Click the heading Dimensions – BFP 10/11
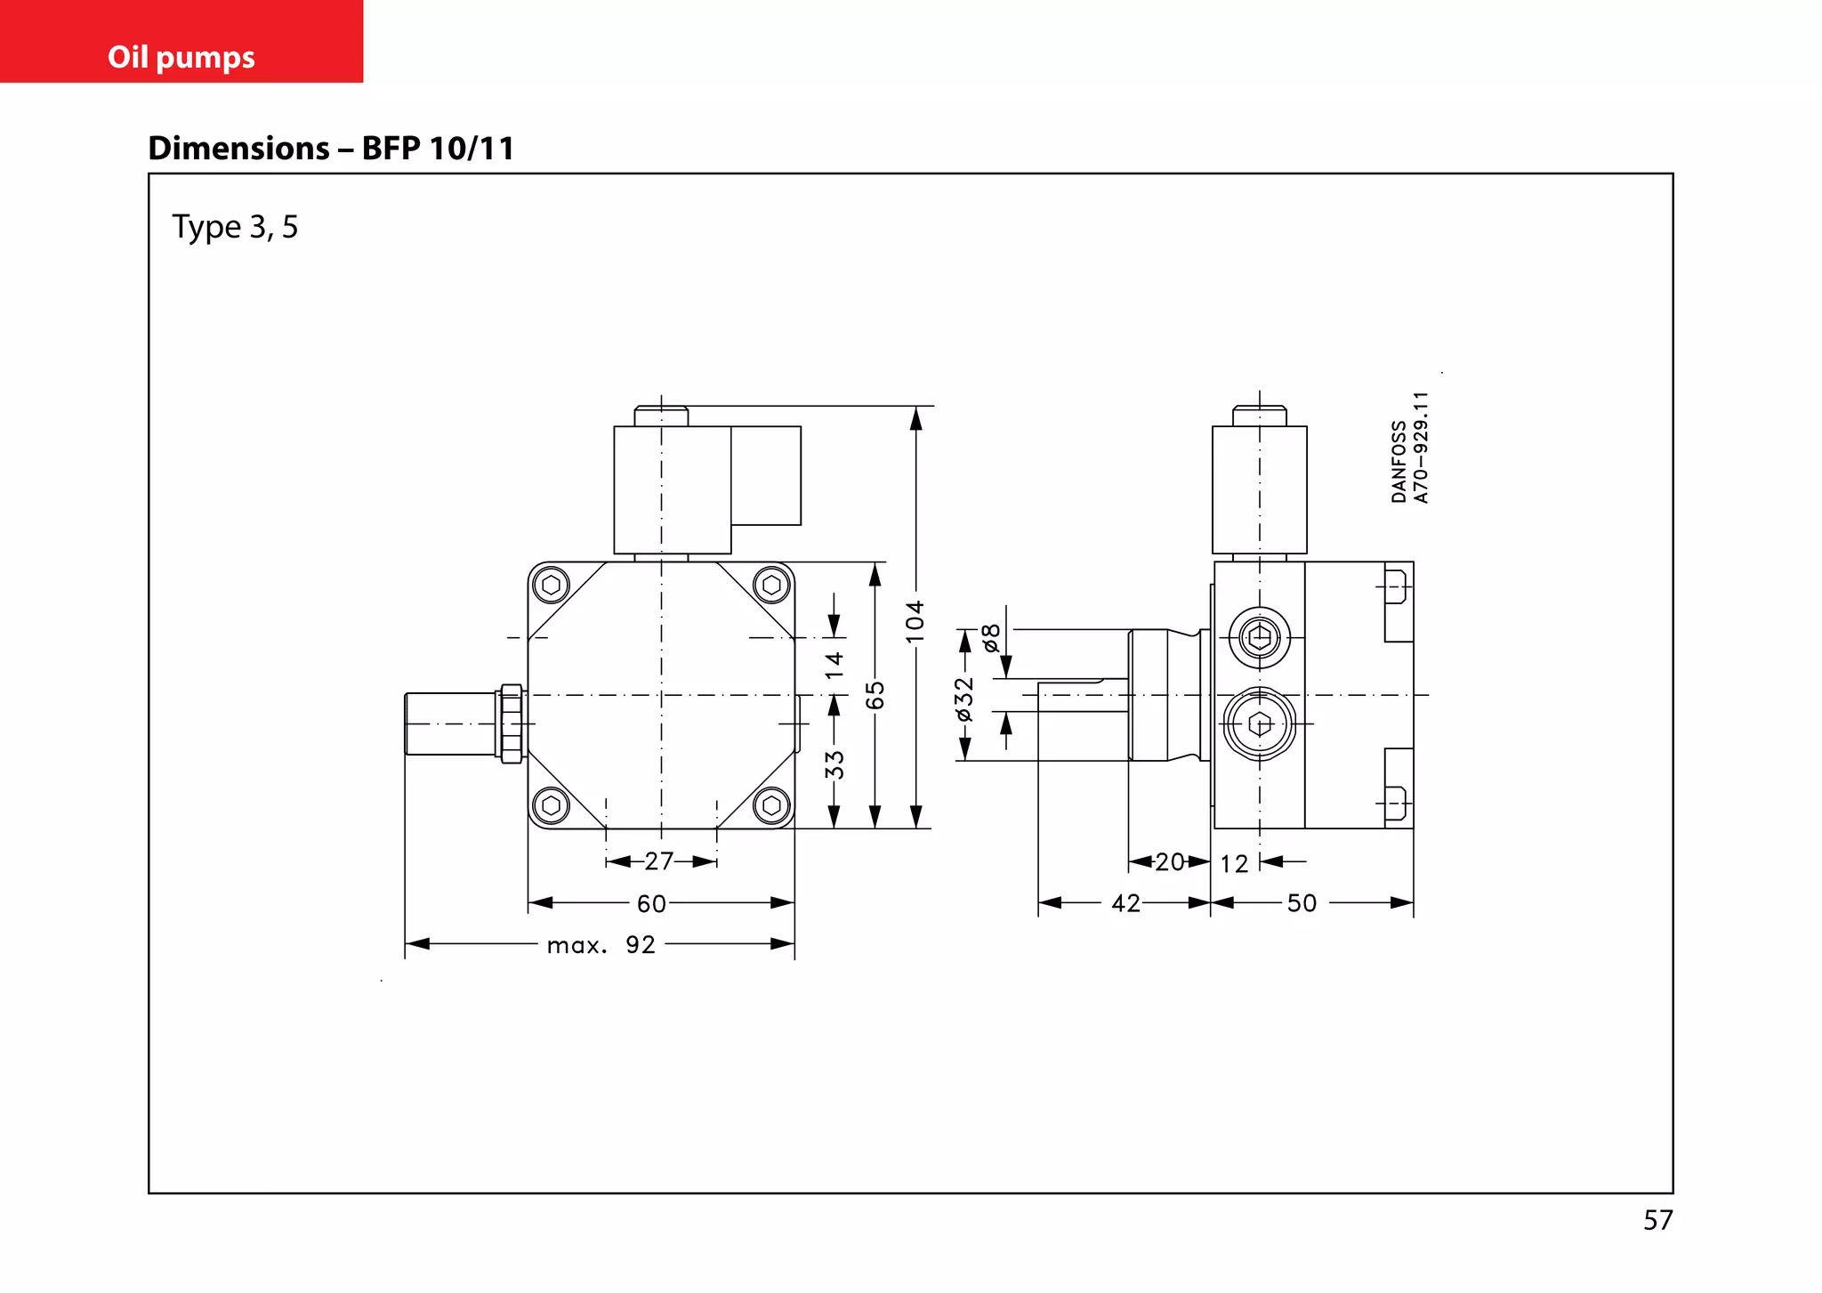click(331, 148)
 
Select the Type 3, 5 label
click(235, 227)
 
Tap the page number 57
click(1657, 1220)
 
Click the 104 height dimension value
click(915, 621)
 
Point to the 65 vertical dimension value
click(875, 695)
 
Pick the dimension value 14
click(834, 665)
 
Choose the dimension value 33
click(834, 764)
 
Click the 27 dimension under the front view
click(659, 861)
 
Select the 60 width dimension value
click(651, 904)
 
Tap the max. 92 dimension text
click(601, 945)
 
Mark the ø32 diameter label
click(964, 699)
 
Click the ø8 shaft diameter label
click(991, 638)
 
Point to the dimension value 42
click(1125, 904)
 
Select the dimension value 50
click(1302, 904)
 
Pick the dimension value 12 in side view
click(1234, 864)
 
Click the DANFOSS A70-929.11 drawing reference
click(1410, 449)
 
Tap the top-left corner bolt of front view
click(551, 586)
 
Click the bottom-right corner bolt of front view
click(771, 805)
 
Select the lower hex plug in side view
click(1260, 724)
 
